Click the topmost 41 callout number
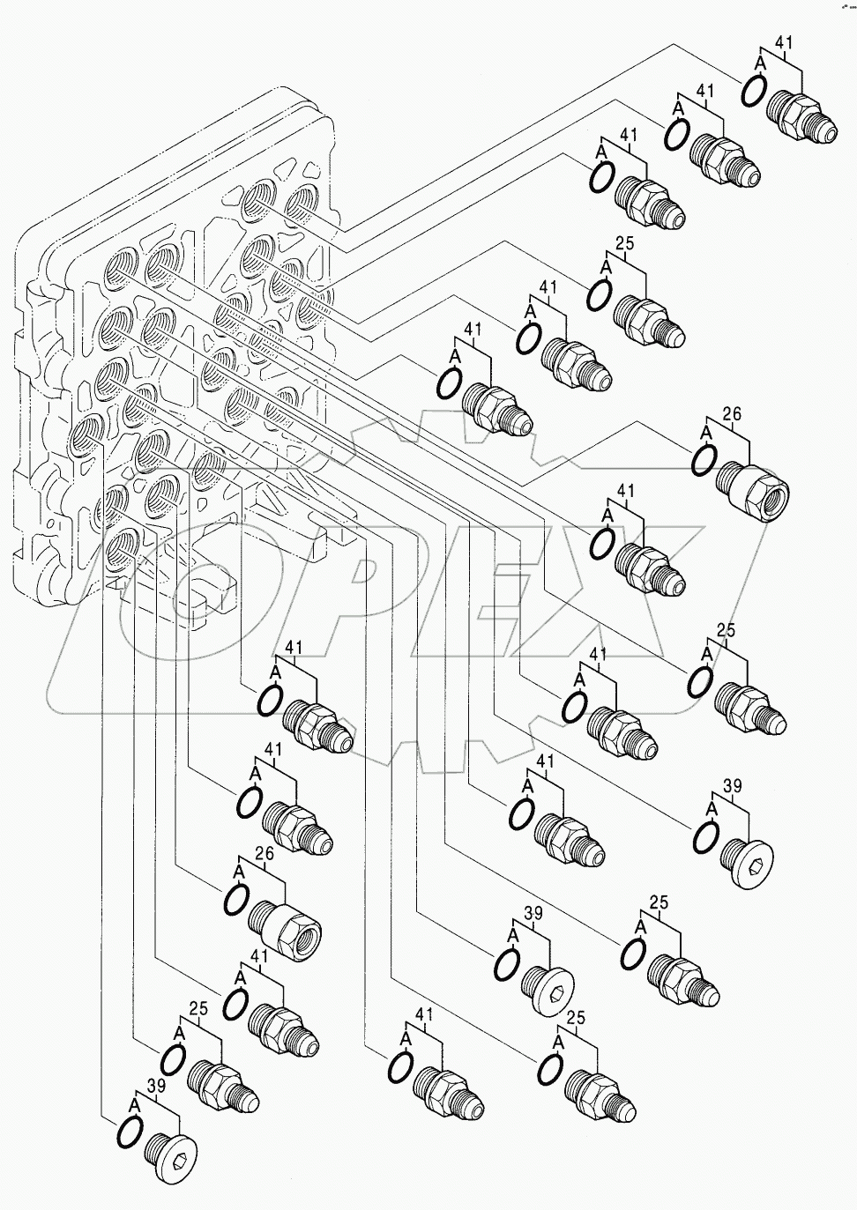pos(784,41)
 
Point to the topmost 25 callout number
pos(625,244)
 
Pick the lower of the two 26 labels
pos(264,853)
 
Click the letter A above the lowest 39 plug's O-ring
pos(135,1102)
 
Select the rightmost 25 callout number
pos(726,631)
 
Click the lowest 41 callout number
pos(424,1014)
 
